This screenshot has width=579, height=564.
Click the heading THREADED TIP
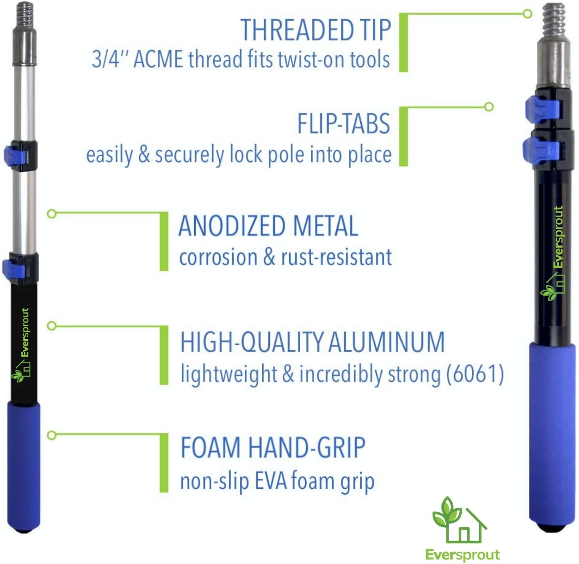tap(316, 30)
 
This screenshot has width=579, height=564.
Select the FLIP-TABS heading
tap(344, 123)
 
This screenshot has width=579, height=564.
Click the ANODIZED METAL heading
tap(268, 226)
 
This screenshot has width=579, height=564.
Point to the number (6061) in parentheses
tap(475, 374)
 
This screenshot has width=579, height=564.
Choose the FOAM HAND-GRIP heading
tap(273, 448)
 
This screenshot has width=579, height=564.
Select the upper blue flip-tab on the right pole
tap(542, 109)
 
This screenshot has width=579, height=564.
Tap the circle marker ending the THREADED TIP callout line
tap(527, 14)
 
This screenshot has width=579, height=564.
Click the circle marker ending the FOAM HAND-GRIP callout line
tap(51, 435)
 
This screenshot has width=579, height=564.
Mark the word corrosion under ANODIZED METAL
tap(218, 258)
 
